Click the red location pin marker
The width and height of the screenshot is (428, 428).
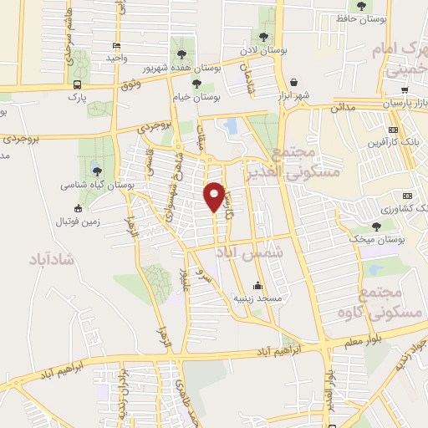215,196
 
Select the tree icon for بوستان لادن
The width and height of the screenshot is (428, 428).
265,36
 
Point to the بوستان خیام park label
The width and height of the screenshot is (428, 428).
196,97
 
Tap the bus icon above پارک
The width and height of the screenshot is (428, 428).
78,84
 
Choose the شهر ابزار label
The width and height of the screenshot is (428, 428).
295,94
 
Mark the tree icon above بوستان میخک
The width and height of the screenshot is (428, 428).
377,226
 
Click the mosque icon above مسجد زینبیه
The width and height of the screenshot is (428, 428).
257,284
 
